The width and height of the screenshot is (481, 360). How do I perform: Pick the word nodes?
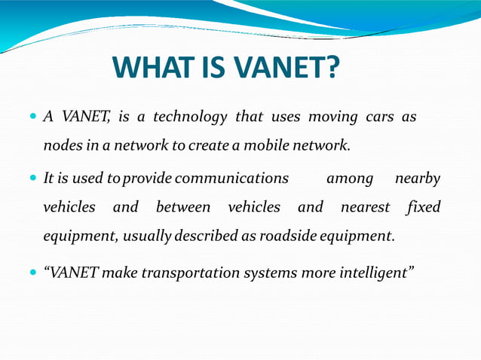coord(61,145)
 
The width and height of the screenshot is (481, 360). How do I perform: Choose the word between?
coord(183,207)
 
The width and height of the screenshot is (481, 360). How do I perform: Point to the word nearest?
coord(365,207)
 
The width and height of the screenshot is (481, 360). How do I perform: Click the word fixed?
coord(423,207)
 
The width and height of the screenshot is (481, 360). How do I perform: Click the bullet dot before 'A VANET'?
coord(33,118)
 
